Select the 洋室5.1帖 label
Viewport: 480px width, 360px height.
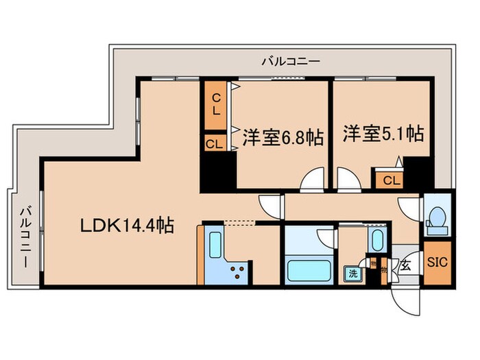point(383,134)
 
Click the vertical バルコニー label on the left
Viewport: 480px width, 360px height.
point(24,237)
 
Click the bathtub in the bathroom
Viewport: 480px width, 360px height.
point(308,270)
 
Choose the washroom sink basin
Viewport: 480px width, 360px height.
point(376,241)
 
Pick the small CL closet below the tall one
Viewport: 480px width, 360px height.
point(213,143)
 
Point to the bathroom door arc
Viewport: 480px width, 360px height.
point(326,237)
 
